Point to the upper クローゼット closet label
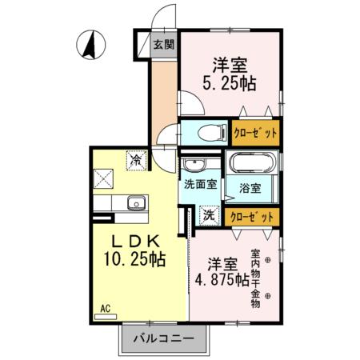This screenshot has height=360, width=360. pos(256,133)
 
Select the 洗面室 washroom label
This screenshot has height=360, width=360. pos(200,183)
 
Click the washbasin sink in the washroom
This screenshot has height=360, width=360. pos(195,165)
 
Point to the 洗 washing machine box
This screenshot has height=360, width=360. pos(207,214)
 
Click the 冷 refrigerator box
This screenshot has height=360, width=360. pos(135,160)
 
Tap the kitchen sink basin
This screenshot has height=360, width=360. pos(134,203)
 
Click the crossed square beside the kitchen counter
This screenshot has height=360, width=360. pos(105,176)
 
